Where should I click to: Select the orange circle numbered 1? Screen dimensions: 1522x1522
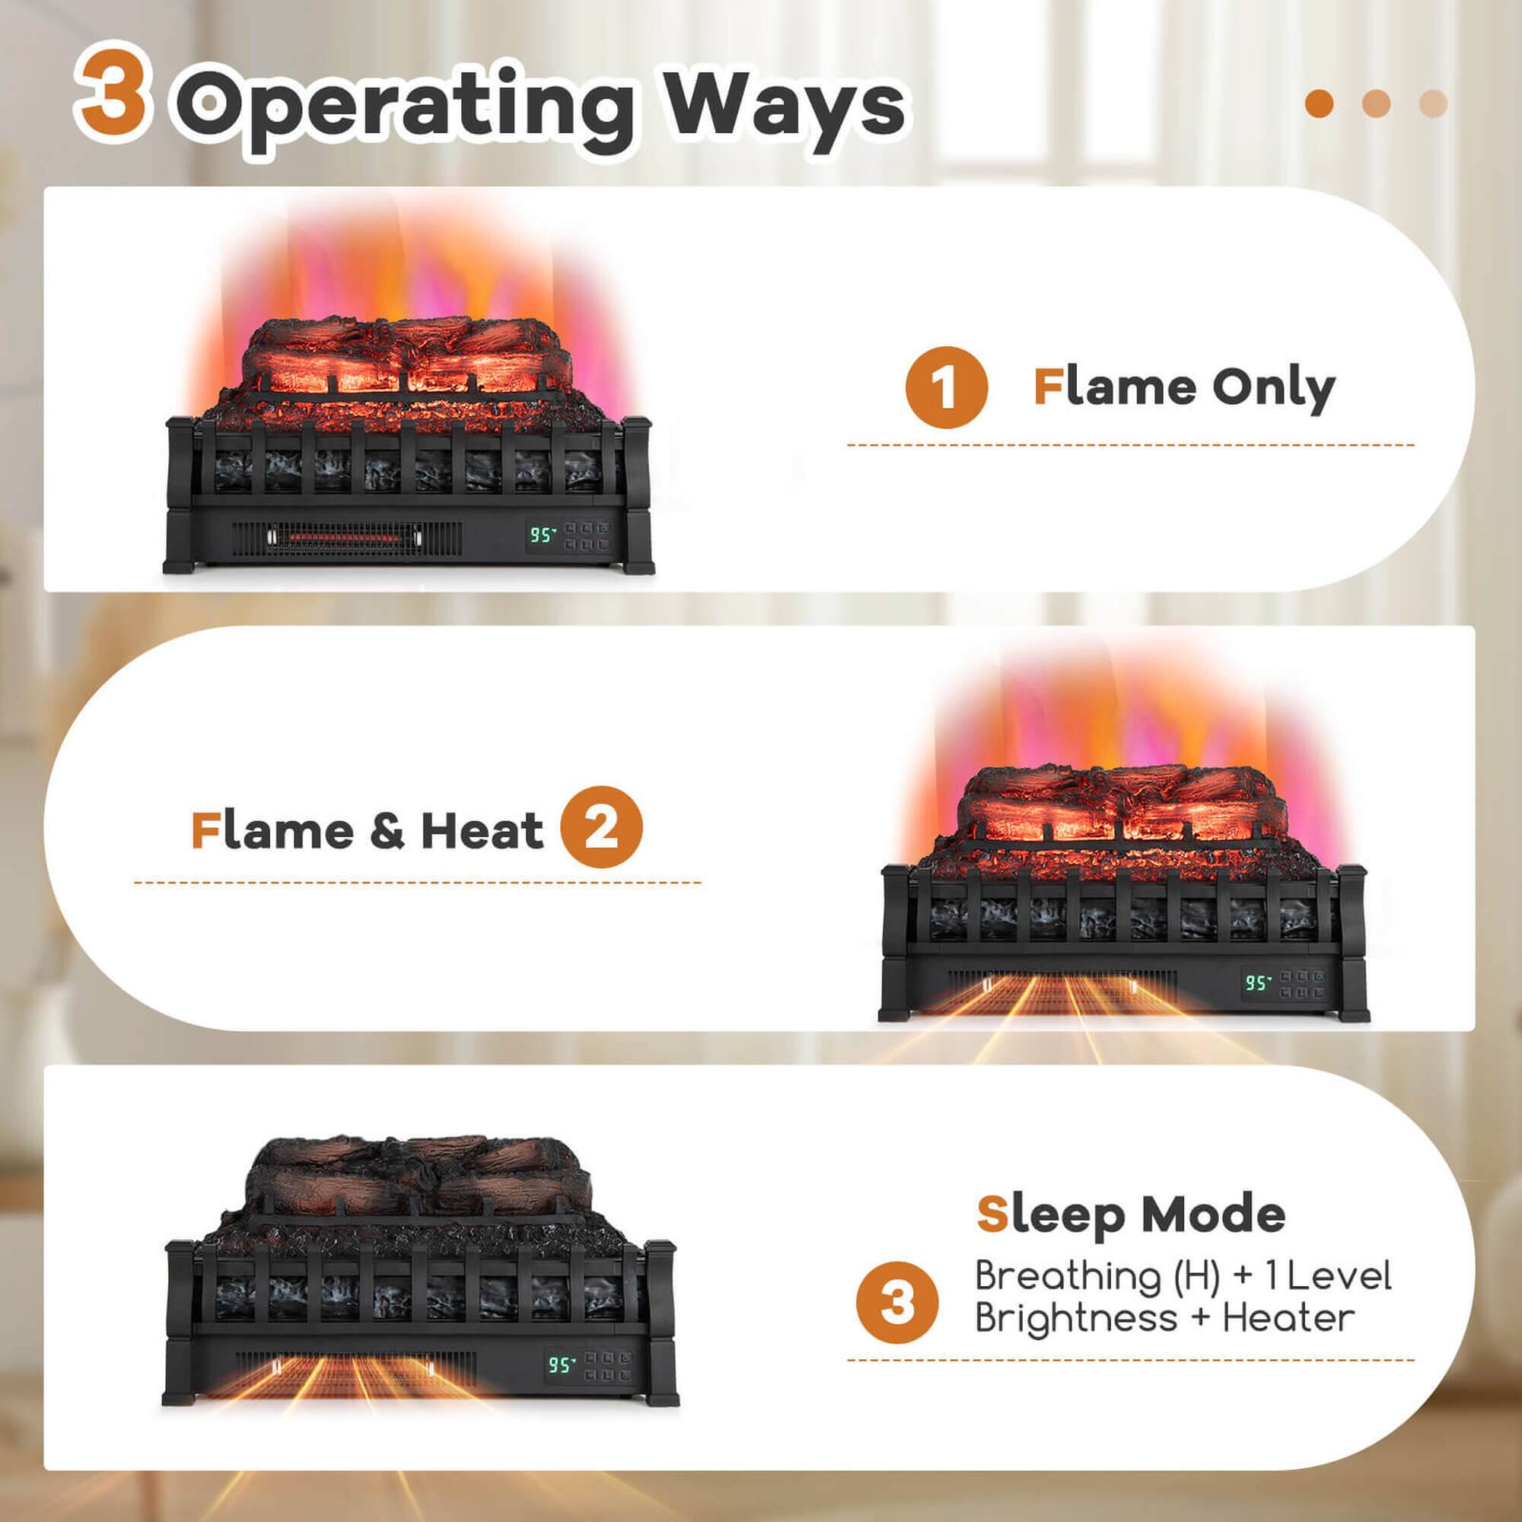tap(946, 387)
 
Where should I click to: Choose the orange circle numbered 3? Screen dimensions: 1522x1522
tap(897, 1303)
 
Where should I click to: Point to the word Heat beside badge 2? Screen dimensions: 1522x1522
tap(482, 829)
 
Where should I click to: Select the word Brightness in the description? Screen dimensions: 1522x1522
tap(1076, 1319)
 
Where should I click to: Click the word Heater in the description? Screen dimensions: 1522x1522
tap(1288, 1317)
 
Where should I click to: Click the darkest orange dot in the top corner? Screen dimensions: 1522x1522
tap(1320, 103)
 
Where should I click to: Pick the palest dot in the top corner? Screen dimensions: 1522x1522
tap(1433, 103)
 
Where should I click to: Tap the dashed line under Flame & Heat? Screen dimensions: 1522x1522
tap(417, 882)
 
